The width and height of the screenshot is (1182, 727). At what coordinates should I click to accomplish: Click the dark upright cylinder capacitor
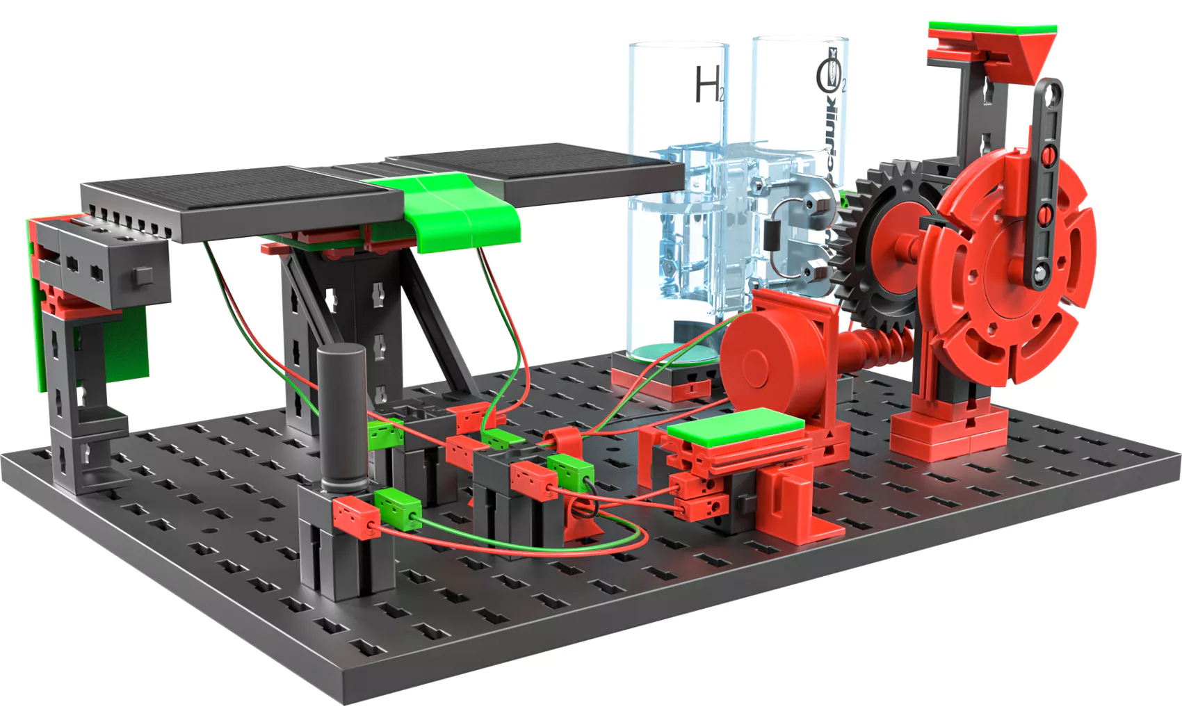tap(341, 417)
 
